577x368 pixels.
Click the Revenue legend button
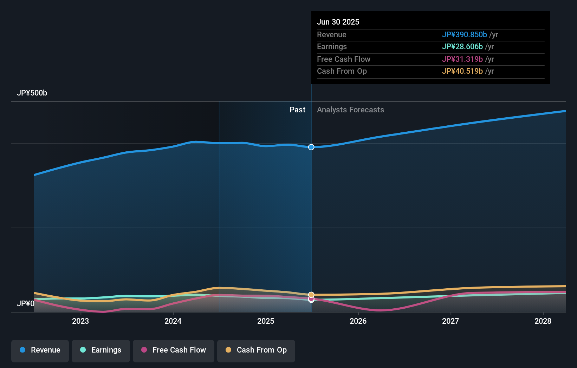40,350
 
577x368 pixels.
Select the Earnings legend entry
101,350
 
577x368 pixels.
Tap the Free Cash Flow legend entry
174,350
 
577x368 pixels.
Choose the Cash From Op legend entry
256,350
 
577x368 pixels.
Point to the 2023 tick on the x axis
80,321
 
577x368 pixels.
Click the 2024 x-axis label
173,321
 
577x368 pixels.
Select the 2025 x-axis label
266,321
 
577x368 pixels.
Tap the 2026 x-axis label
358,321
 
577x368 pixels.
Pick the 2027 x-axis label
450,321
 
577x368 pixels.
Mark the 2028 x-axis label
543,321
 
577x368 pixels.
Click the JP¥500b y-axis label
32,93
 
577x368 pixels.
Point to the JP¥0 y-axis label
26,303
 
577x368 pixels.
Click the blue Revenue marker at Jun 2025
311,147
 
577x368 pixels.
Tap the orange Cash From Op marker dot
311,295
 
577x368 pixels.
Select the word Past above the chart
297,110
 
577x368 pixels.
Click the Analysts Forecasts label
350,110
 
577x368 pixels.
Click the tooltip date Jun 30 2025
338,22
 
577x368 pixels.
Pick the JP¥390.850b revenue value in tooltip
464,35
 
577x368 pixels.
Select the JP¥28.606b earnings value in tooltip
462,47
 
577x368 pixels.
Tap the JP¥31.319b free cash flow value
462,59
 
